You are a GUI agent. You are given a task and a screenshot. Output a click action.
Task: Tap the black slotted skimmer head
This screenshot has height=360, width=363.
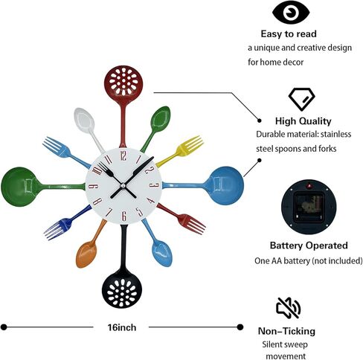point(122,290)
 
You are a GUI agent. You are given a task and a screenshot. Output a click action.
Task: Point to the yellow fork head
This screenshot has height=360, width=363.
point(190,146)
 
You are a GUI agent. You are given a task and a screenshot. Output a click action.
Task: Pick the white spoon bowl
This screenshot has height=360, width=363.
point(84,120)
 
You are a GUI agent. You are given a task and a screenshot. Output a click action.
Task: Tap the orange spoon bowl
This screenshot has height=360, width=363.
point(86,255)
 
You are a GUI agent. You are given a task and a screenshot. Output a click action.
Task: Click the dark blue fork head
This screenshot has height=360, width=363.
point(58,228)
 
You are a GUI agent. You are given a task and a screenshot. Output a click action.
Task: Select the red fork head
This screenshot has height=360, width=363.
point(192,224)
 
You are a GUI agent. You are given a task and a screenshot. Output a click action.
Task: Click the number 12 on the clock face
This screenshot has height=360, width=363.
point(123,155)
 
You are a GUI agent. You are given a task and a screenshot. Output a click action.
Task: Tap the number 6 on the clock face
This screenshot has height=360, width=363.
point(124,216)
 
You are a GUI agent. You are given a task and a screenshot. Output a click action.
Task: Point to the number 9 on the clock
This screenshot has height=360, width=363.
point(93,187)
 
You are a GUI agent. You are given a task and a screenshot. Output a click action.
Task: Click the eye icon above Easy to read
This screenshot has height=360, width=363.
point(291,13)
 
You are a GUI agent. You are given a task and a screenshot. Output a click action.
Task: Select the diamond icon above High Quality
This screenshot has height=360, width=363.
point(302,99)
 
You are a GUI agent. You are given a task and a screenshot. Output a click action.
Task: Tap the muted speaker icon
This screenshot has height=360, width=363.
point(289,308)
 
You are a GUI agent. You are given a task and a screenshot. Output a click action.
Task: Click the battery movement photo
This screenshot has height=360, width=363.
point(309,207)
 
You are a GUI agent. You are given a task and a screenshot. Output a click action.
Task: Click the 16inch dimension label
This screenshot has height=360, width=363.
point(122,327)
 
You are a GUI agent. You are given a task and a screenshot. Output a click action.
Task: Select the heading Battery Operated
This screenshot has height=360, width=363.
point(309,245)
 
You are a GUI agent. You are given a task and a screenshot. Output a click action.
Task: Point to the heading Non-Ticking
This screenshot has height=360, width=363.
point(286,331)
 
